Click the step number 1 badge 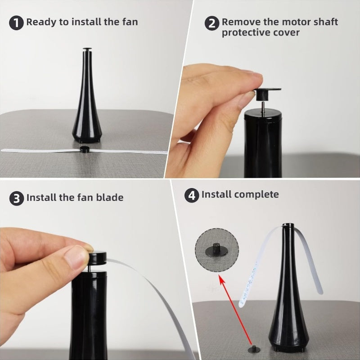(17, 23)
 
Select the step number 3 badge (17, 198)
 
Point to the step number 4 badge (192, 196)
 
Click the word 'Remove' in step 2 (238, 22)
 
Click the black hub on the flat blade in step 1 (84, 150)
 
